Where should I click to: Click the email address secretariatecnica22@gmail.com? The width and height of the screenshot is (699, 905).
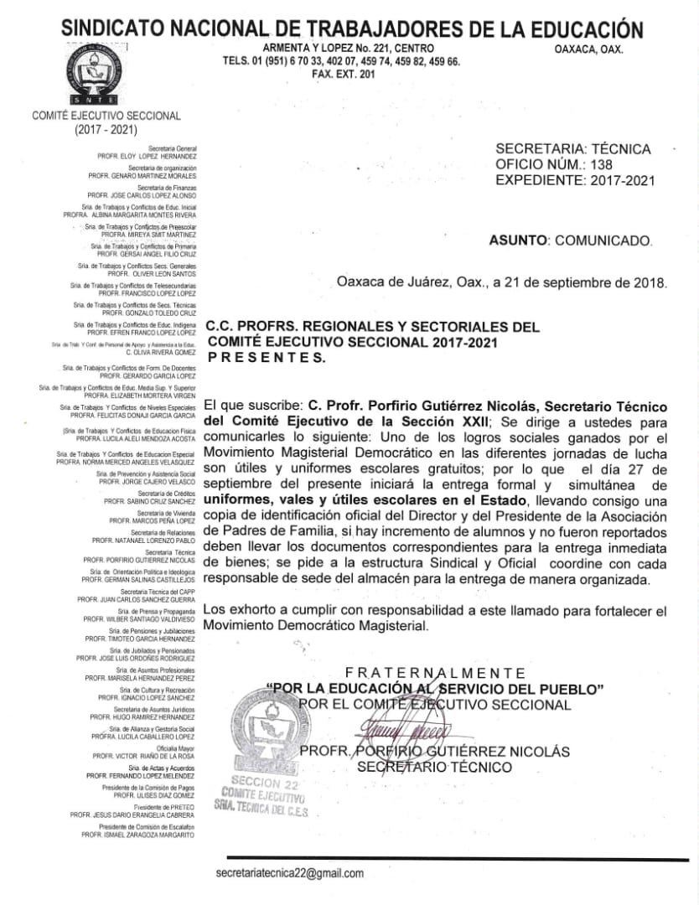coord(289,873)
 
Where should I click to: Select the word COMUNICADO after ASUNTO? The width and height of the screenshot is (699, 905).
coord(600,240)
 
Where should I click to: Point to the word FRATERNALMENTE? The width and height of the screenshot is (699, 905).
coord(436,673)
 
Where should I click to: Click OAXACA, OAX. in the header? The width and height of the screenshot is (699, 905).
coord(588,49)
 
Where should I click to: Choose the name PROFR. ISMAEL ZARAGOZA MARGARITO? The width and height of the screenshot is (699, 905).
coord(138,835)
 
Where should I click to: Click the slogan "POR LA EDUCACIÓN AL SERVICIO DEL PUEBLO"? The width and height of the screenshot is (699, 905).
coord(435,689)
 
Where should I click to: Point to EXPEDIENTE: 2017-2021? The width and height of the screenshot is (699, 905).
coord(573,180)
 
